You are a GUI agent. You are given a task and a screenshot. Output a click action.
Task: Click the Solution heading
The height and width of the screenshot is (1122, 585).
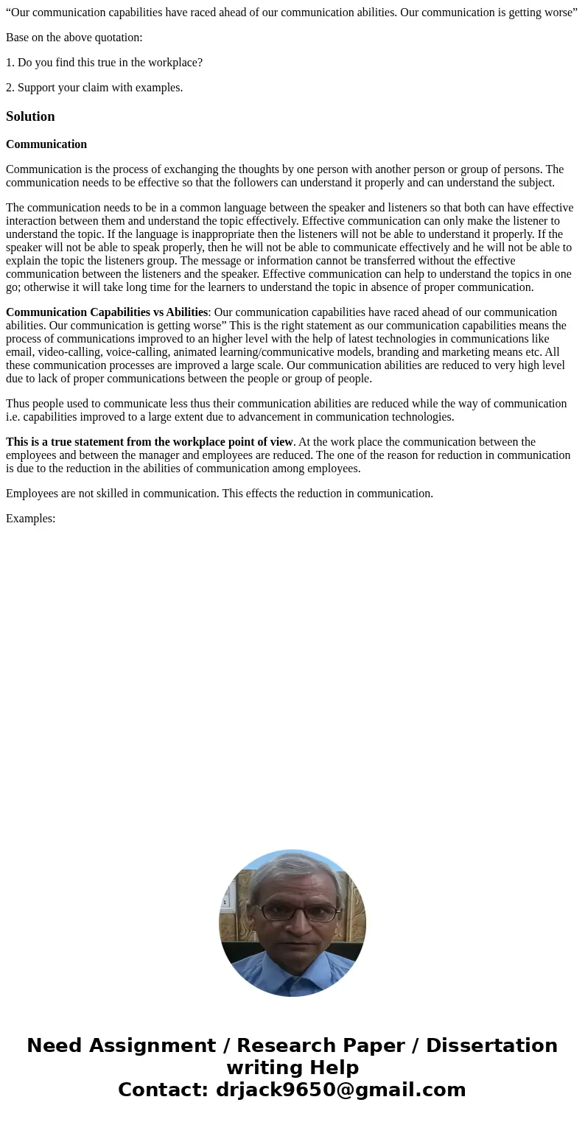tap(30, 116)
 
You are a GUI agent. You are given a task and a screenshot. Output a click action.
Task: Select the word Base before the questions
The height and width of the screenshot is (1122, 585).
tap(18, 38)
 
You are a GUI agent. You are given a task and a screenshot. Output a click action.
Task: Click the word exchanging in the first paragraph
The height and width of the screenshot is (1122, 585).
tap(195, 169)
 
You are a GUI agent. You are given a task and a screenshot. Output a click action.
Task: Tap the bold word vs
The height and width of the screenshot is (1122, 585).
tap(158, 312)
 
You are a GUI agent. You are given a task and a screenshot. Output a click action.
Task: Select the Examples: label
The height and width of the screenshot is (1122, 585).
tap(31, 519)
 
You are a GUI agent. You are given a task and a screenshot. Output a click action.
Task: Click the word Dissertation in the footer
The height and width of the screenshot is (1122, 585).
tap(491, 1045)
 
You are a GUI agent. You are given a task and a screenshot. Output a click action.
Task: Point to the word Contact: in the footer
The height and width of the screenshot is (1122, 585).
tap(163, 1090)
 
